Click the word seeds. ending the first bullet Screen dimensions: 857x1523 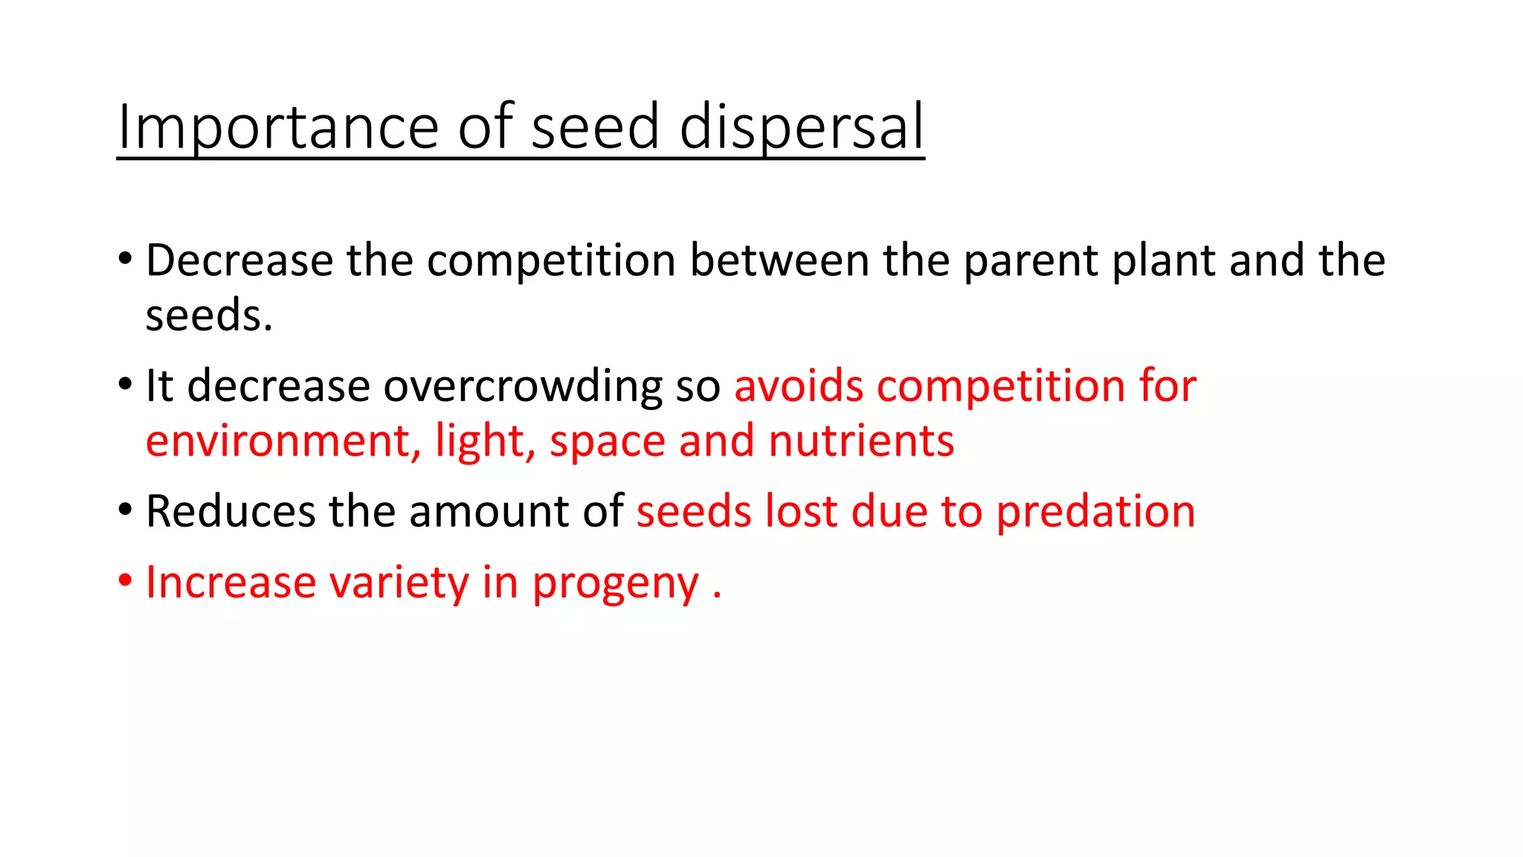click(209, 315)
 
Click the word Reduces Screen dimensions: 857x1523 click(231, 512)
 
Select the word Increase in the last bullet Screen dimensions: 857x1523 click(231, 582)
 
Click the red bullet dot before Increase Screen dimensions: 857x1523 click(125, 580)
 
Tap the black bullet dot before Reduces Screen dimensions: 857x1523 click(125, 510)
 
